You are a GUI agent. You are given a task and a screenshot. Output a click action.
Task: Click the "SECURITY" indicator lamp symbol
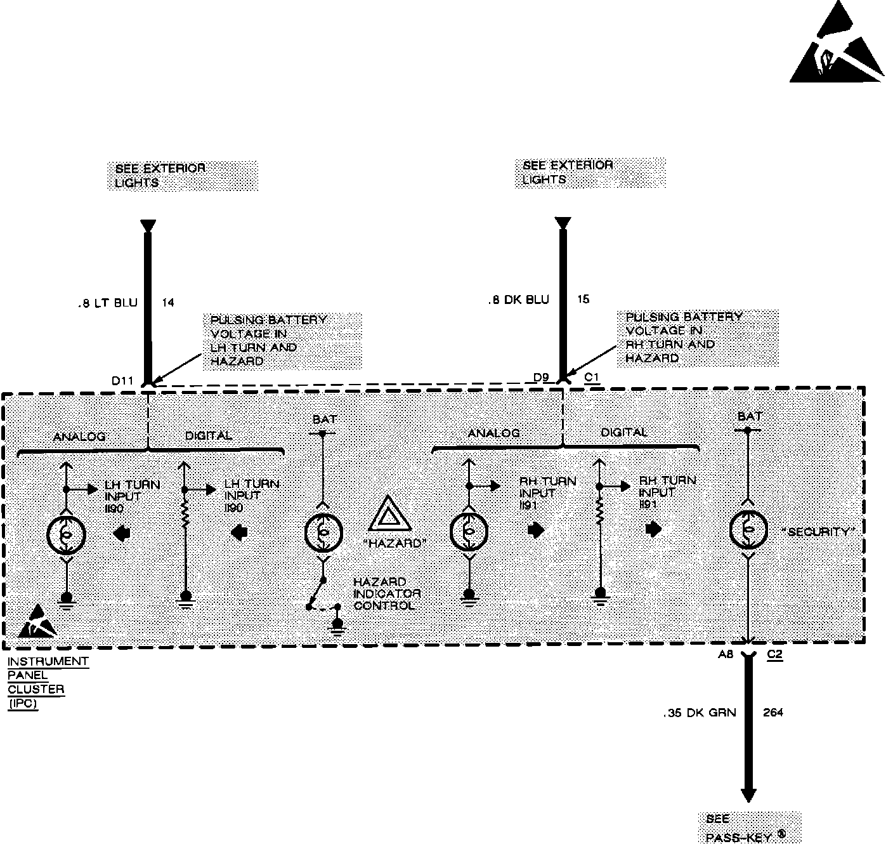(x=748, y=531)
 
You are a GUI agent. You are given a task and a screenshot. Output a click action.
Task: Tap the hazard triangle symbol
(x=389, y=515)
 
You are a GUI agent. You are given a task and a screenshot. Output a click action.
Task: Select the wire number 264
(x=773, y=713)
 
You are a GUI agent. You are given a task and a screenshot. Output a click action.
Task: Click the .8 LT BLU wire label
(x=107, y=303)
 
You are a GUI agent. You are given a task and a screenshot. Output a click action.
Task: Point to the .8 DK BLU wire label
(x=519, y=300)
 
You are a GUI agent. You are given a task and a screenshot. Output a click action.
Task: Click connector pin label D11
(x=122, y=381)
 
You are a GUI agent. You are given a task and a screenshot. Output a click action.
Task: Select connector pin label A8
(x=726, y=654)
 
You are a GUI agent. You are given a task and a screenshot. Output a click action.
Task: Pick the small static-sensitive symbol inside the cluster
(x=37, y=623)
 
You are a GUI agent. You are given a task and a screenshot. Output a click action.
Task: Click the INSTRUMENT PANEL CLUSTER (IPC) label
(x=48, y=682)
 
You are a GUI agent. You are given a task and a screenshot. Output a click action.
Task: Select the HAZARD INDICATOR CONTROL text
(x=387, y=593)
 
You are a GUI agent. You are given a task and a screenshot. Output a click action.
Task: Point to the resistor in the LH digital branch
(x=185, y=513)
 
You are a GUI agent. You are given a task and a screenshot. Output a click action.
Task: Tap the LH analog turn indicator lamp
(x=66, y=534)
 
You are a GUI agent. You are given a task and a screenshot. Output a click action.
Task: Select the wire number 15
(x=583, y=300)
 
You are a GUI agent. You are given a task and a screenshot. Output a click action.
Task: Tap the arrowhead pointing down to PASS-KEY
(x=749, y=795)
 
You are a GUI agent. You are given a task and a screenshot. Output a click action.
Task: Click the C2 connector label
(x=774, y=654)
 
